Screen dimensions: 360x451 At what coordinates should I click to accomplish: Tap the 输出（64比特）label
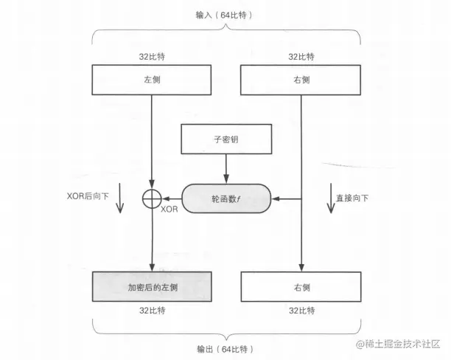click(226, 347)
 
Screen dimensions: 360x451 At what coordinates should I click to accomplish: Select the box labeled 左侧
click(151, 79)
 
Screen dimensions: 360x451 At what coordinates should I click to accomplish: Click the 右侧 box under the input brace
click(301, 79)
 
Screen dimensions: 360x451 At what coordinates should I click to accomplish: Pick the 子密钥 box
click(226, 139)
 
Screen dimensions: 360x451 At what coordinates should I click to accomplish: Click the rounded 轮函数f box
click(226, 198)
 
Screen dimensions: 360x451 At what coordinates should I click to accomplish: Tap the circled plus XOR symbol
click(151, 198)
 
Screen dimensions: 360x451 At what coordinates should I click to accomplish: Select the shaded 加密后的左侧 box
click(151, 286)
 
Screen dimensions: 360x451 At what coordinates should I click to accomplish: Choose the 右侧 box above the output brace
click(301, 286)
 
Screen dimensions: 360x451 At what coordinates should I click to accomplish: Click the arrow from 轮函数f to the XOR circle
click(171, 198)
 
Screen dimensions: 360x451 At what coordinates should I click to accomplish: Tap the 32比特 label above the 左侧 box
click(151, 56)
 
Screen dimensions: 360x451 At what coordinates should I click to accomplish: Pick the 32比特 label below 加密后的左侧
click(151, 312)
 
